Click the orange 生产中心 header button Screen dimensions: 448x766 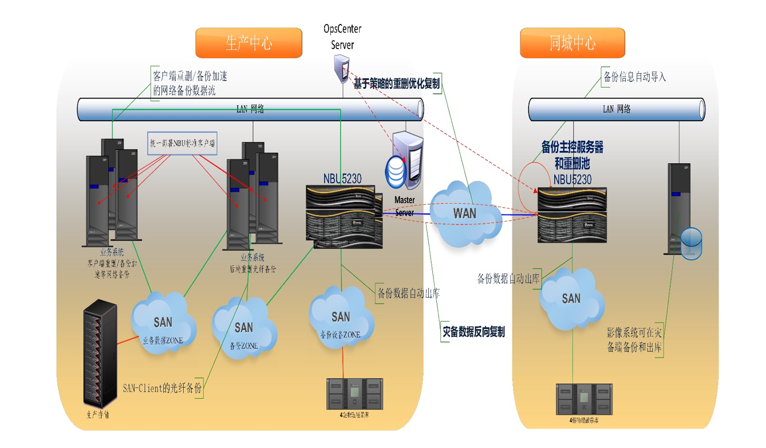pyautogui.click(x=248, y=43)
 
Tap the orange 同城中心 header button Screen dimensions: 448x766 pyautogui.click(x=572, y=43)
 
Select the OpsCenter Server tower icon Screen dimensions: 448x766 pyautogui.click(x=342, y=66)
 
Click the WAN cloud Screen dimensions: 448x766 pyautogui.click(x=464, y=213)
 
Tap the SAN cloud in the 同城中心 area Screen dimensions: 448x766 pyautogui.click(x=571, y=299)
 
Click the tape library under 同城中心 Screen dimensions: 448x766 pyautogui.click(x=584, y=399)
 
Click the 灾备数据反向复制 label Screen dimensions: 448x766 pyautogui.click(x=473, y=332)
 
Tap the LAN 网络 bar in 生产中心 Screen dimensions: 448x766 pyautogui.click(x=250, y=109)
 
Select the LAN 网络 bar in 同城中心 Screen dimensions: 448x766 pyautogui.click(x=616, y=109)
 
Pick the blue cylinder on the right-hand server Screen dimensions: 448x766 pyautogui.click(x=692, y=243)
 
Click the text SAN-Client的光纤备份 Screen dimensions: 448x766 pyautogui.click(x=163, y=388)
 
